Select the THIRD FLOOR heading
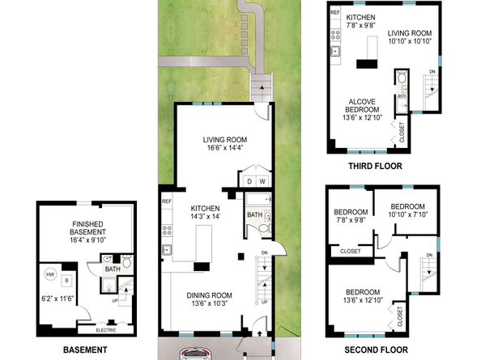[375, 166]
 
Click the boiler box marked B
[67, 280]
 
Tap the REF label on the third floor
[334, 13]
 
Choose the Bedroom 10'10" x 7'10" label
[407, 210]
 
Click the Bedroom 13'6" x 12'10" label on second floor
[360, 296]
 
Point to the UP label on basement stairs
[116, 301]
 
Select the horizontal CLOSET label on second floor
[350, 251]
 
